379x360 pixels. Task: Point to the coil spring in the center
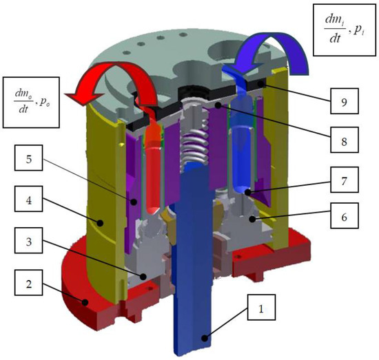pyautogui.click(x=194, y=147)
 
